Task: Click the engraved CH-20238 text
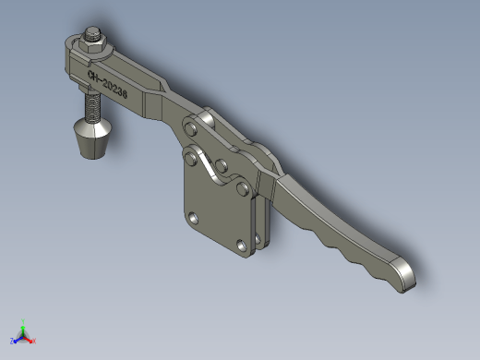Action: click(107, 84)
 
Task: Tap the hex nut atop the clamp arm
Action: click(92, 46)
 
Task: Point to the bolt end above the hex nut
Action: click(93, 33)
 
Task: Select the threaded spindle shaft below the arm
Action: click(92, 107)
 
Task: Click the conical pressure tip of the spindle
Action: click(93, 138)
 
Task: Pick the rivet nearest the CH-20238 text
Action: click(191, 128)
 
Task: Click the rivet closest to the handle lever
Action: click(243, 188)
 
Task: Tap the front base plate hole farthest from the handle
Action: click(193, 218)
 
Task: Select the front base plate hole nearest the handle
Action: click(242, 245)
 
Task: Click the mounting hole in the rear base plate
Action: click(258, 237)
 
